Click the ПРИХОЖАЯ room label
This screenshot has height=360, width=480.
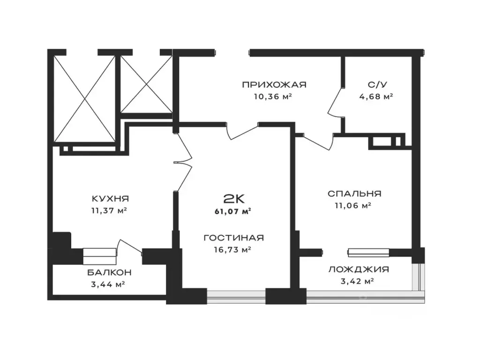(274, 84)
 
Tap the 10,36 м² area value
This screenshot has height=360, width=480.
(272, 97)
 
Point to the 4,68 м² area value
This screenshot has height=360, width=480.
(376, 97)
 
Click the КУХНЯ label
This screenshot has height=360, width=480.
(111, 199)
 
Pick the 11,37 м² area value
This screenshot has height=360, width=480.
(109, 210)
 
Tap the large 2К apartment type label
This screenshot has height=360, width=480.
(234, 199)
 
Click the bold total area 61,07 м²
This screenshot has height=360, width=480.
(233, 211)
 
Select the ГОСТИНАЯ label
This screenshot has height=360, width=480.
(233, 238)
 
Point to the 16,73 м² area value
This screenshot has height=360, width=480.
(232, 250)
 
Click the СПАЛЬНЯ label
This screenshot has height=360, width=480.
(354, 194)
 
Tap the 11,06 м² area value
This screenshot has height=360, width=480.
(353, 206)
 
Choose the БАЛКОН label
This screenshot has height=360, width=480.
(109, 272)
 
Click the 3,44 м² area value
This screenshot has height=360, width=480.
(108, 285)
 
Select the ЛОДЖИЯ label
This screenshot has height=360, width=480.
(359, 270)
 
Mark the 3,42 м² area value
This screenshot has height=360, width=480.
(357, 281)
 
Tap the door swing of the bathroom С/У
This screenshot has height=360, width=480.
(335, 101)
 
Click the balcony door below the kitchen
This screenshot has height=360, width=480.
(131, 246)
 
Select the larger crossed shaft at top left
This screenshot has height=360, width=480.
(84, 98)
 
